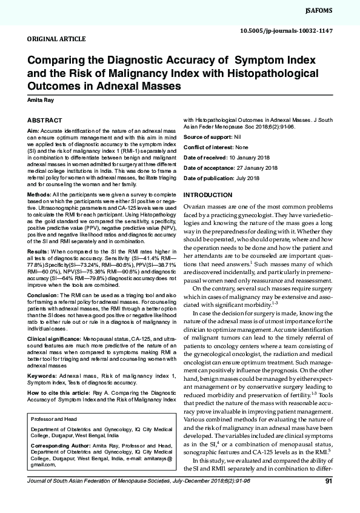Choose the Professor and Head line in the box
pos(52,436)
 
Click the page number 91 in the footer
pos(328,499)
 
